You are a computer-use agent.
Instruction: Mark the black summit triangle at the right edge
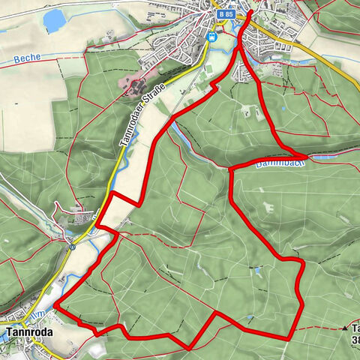click(346, 328)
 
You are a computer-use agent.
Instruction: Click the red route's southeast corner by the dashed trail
click(289, 338)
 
